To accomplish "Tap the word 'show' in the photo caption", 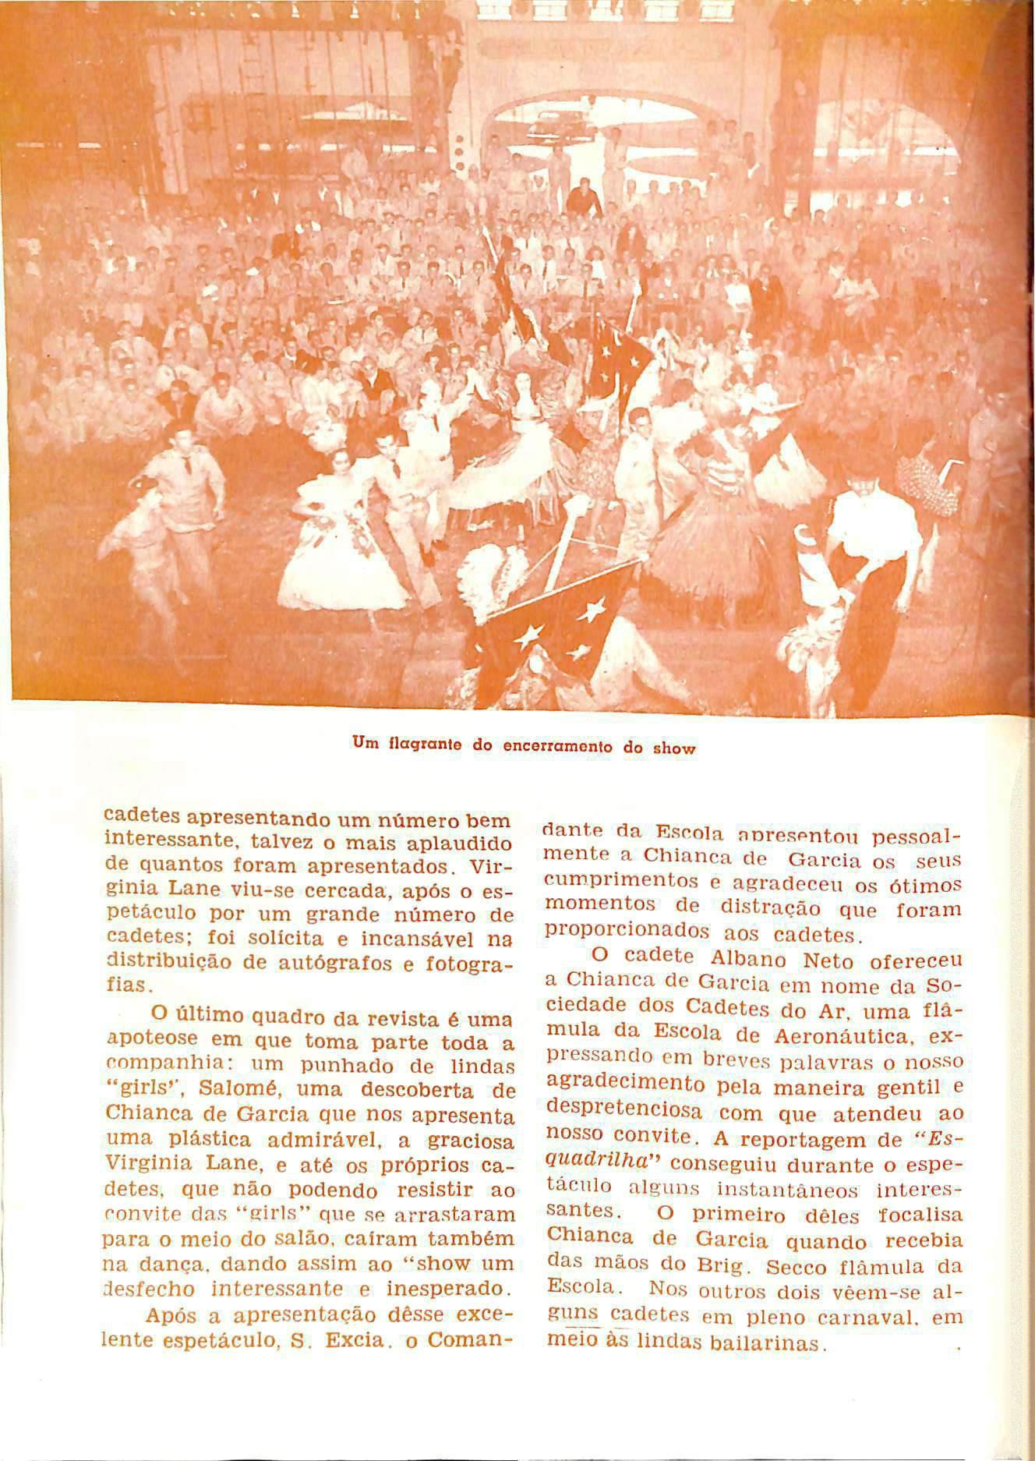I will click(x=673, y=748).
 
